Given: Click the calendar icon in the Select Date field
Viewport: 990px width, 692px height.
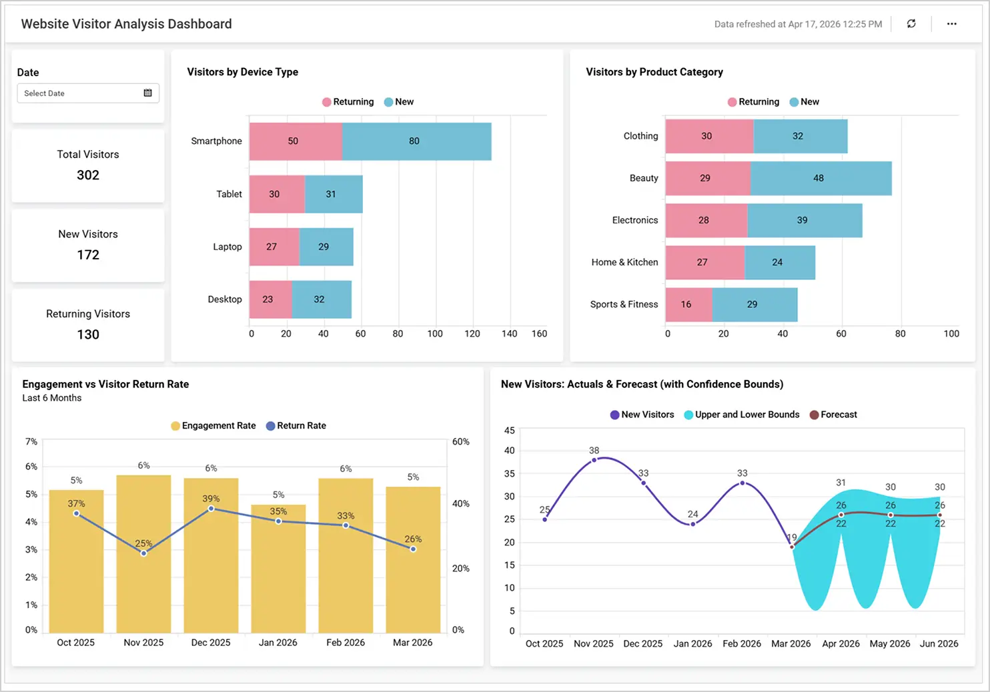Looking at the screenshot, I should pyautogui.click(x=147, y=93).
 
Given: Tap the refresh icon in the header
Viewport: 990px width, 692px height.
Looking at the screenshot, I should pyautogui.click(x=911, y=24).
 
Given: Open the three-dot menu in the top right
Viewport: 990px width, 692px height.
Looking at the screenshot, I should pyautogui.click(x=951, y=24).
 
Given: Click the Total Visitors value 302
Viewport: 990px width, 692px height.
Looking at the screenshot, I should pyautogui.click(x=88, y=175).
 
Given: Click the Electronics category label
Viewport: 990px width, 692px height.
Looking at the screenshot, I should pyautogui.click(x=634, y=220).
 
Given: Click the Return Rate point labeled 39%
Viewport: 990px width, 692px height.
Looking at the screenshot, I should pyautogui.click(x=211, y=509).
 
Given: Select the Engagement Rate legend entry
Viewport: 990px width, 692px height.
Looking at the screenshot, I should pyautogui.click(x=213, y=426).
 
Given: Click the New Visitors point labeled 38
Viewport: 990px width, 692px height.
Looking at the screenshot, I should pyautogui.click(x=594, y=460).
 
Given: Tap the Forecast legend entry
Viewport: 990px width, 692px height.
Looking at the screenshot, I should pyautogui.click(x=833, y=415).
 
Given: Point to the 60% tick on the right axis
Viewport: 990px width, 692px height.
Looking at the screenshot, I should pyautogui.click(x=460, y=442).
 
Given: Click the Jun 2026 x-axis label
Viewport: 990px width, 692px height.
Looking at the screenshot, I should pyautogui.click(x=939, y=644).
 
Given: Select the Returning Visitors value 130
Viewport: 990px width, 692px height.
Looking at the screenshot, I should pyautogui.click(x=88, y=335).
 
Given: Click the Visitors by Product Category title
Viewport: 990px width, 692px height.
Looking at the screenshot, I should pyautogui.click(x=654, y=72).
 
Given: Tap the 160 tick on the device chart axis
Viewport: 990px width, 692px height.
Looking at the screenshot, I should pyautogui.click(x=539, y=334).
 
